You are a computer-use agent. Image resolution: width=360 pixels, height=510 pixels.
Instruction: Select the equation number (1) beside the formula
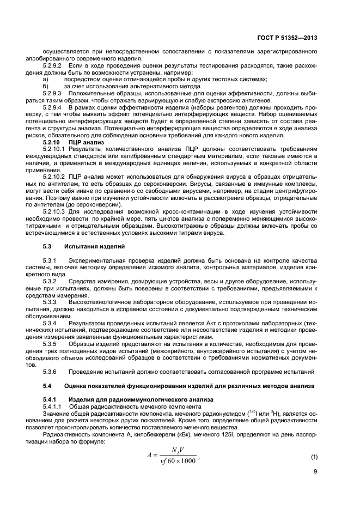tap(313, 456)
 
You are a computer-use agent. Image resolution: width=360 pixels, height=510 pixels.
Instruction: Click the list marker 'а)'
tap(46, 79)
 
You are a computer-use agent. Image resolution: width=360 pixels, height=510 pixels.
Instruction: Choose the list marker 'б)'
tap(46, 86)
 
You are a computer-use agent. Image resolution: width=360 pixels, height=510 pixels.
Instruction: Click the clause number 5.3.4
tap(50, 323)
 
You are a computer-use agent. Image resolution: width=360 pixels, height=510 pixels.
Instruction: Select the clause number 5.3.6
tap(50, 372)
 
